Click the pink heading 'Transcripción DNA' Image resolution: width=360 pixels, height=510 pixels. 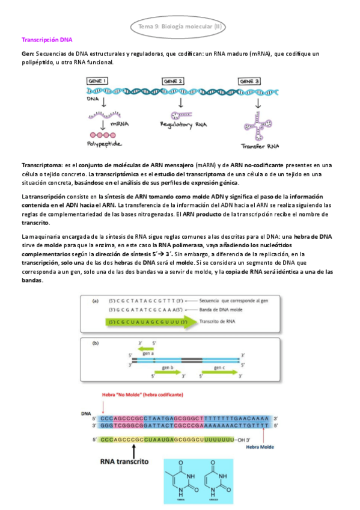tap(46, 40)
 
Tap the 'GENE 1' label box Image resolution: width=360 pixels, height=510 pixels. tap(98, 81)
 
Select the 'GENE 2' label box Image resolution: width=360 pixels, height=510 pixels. tap(173, 81)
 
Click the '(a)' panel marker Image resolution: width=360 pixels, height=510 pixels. tap(96, 301)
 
